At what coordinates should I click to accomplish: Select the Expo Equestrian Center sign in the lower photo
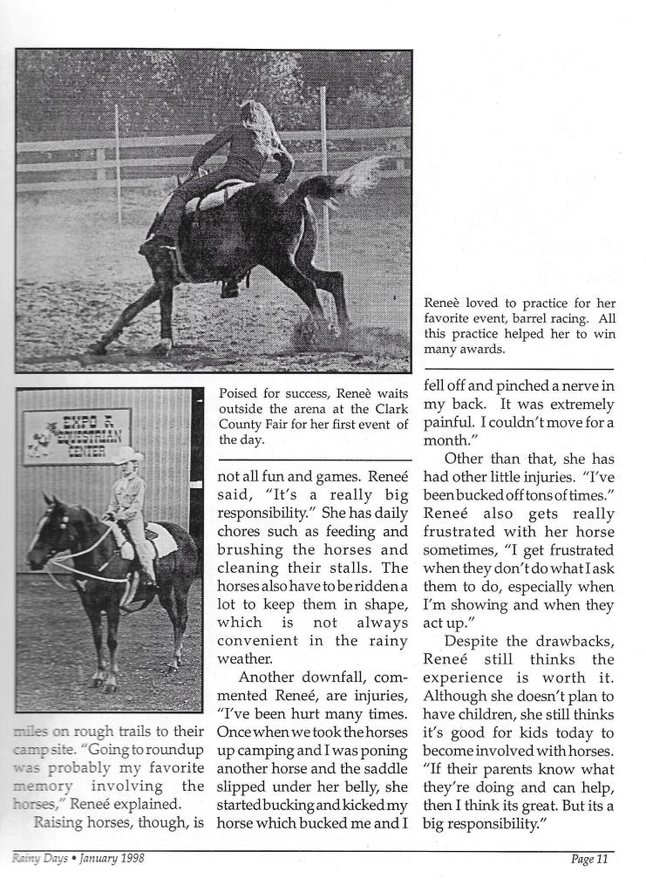76,435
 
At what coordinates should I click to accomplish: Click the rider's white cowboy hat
127,454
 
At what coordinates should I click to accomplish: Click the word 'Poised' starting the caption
237,394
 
